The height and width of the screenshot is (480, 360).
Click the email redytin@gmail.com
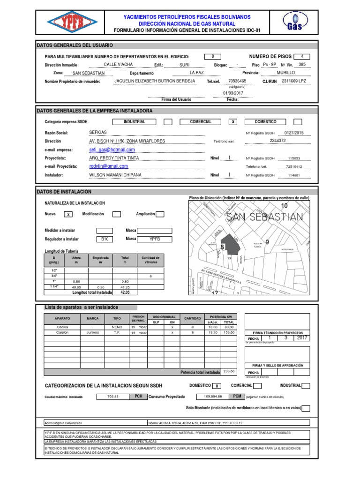tap(109, 166)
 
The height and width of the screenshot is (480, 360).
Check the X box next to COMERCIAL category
tap(233, 122)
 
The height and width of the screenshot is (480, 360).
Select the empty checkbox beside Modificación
tap(117, 214)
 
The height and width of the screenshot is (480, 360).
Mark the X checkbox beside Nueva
tap(68, 214)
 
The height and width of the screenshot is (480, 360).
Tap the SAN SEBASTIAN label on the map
tap(264, 217)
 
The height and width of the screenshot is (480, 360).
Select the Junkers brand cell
tap(93, 332)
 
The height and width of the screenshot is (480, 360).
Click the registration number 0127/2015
tap(294, 133)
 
